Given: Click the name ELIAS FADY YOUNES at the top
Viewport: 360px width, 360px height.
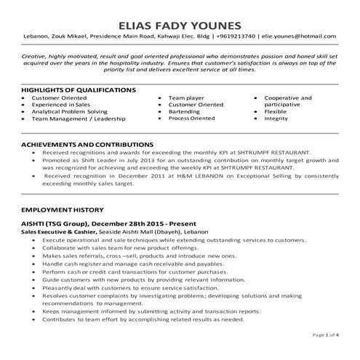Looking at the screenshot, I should [179, 16].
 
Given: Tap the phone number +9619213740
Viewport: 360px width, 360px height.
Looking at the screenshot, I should [237, 36].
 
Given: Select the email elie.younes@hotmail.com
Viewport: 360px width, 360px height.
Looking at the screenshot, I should [297, 36].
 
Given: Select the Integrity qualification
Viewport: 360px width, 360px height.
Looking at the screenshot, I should [276, 118].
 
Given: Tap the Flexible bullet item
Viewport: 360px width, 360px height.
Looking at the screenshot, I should [276, 111].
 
